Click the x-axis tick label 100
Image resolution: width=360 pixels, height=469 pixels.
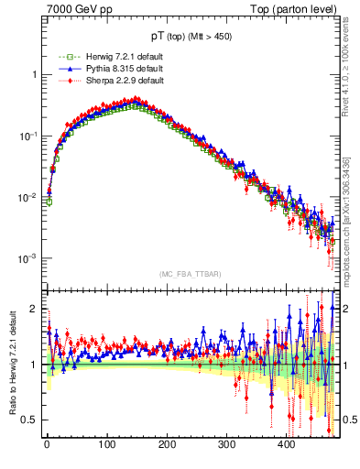[x=106, y=445]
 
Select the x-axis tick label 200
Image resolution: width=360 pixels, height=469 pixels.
[x=167, y=445]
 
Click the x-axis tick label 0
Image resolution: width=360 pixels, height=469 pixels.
[x=47, y=445]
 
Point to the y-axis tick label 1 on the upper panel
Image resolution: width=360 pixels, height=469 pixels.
[x=33, y=74]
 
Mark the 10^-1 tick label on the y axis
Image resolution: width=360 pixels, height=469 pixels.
[x=28, y=136]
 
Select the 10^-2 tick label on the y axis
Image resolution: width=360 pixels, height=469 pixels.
[x=28, y=197]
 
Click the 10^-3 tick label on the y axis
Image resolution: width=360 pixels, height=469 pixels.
[x=28, y=258]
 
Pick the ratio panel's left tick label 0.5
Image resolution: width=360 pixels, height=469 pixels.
[x=30, y=420]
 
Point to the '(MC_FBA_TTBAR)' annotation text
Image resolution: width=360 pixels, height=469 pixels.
[x=187, y=274]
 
